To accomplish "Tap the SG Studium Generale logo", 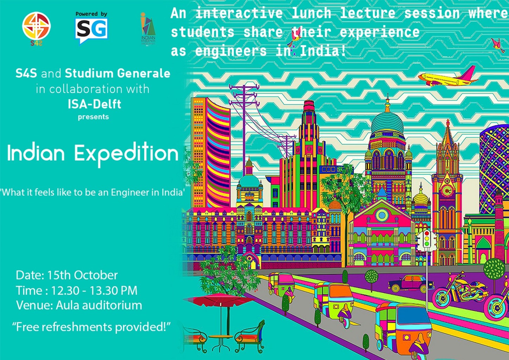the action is pos(91,28).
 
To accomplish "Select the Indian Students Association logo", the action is pos(148,28).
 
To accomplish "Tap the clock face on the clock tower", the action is pos(447,191).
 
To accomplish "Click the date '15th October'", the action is pos(82,275).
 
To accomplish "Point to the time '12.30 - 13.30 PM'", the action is pos(94,290).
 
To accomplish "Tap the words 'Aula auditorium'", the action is pos(99,305).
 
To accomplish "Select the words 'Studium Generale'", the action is pos(117,73).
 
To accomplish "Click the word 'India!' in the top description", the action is pos(323,51).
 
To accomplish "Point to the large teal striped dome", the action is pos(387,124).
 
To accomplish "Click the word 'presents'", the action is pos(94,117).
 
